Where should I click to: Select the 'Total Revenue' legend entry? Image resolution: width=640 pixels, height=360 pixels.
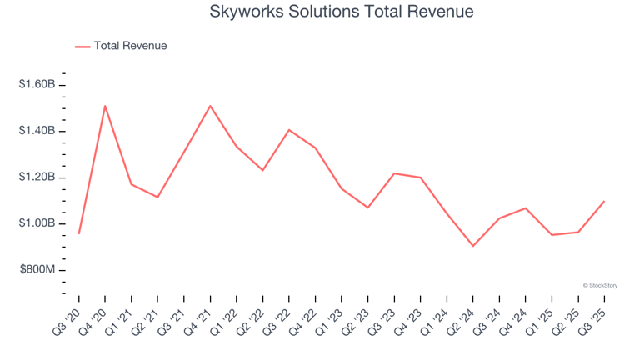click(130, 46)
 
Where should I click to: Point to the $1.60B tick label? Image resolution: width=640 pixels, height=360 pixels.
click(38, 85)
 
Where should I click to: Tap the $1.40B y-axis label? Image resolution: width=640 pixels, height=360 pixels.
click(38, 131)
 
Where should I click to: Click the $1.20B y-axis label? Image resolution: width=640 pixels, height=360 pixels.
click(38, 177)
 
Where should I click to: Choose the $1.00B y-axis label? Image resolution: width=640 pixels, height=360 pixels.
click(38, 223)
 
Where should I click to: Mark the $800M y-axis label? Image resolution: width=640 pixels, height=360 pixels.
click(40, 270)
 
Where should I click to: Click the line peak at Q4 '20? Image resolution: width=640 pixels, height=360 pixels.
click(105, 106)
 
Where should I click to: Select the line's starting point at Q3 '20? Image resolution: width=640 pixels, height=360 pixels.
click(79, 233)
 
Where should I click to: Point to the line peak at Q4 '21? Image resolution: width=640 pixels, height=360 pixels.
click(210, 106)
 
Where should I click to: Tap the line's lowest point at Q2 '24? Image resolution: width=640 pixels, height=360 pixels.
click(472, 246)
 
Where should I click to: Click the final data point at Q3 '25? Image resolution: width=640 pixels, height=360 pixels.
click(604, 201)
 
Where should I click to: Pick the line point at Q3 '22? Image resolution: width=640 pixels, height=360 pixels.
click(289, 130)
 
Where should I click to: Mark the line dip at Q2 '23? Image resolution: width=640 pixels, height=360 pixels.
click(367, 207)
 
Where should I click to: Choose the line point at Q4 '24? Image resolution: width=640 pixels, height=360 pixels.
click(525, 208)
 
